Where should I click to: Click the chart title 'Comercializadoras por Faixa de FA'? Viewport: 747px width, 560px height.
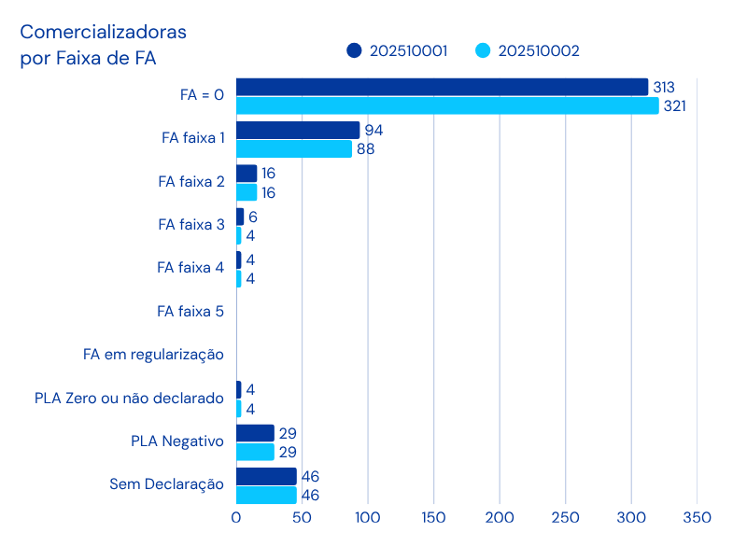[103, 45]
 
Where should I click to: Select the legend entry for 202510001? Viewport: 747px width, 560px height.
[396, 50]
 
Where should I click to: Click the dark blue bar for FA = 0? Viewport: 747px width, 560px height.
[442, 87]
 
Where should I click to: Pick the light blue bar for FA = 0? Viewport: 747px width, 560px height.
[447, 105]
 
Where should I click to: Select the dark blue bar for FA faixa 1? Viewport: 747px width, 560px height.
[298, 130]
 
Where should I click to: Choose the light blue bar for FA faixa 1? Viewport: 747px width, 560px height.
[294, 149]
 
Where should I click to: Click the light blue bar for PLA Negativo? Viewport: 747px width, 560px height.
[255, 452]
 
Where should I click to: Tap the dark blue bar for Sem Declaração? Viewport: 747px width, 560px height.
[266, 476]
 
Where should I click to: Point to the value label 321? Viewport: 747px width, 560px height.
[674, 106]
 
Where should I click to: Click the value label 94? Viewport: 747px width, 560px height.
[373, 130]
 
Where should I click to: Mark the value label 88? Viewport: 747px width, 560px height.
[365, 149]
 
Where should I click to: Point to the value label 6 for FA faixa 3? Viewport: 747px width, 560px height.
[253, 217]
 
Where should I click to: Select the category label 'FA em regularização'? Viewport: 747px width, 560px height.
[153, 355]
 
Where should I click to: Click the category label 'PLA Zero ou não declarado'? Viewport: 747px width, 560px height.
[129, 399]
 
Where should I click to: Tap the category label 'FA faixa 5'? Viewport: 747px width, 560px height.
[190, 311]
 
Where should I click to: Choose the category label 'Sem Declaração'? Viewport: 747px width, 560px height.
[167, 484]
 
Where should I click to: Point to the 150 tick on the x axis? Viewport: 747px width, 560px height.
[433, 517]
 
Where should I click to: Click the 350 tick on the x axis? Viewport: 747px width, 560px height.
[697, 517]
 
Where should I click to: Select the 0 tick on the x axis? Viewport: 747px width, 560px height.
[236, 517]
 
